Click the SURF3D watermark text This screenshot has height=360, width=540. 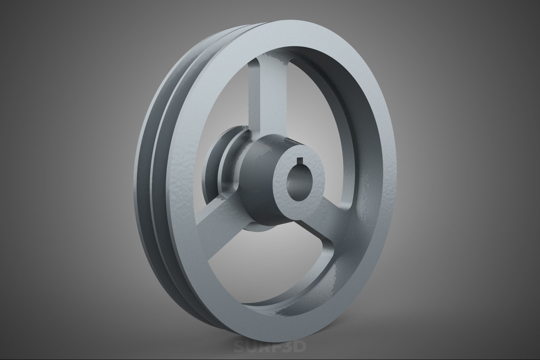pos(269,347)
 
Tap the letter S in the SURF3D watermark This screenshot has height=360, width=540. pos(238,347)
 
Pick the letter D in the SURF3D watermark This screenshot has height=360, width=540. pos(299,347)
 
